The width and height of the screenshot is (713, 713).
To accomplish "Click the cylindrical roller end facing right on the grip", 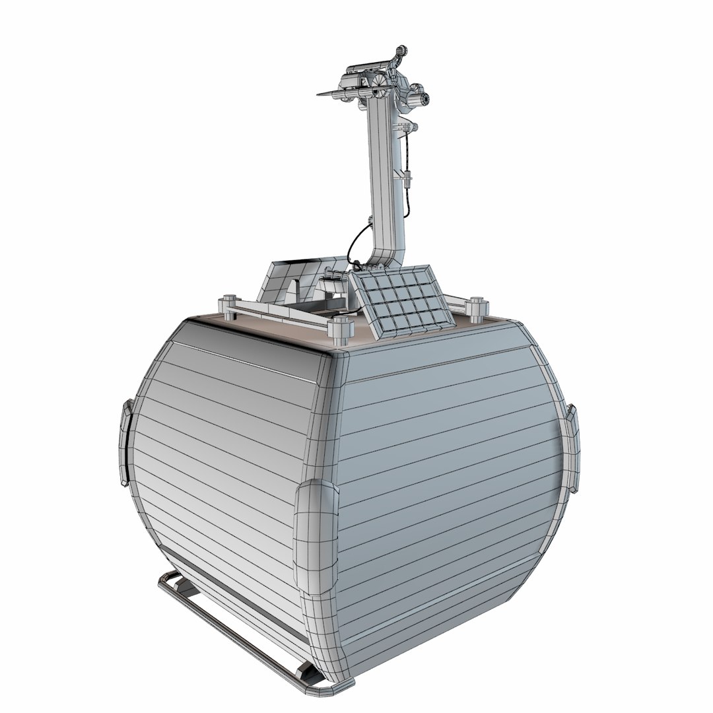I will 422,98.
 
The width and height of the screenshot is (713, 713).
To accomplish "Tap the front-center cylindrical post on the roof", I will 339,329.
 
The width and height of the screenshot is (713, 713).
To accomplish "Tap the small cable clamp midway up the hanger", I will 408,177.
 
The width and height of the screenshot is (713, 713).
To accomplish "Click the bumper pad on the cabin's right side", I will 572,449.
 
